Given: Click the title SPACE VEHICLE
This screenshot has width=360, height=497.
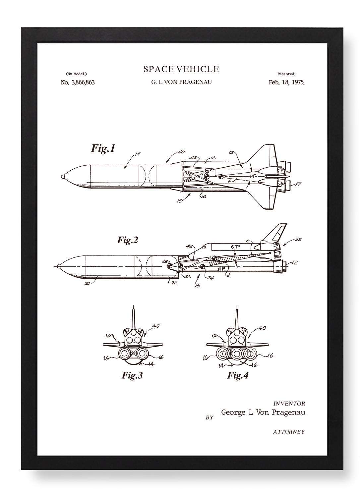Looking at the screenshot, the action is tap(181, 69).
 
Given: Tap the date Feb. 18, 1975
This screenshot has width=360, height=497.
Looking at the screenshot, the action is tap(286, 83).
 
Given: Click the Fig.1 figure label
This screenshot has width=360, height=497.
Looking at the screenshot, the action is tap(103, 148).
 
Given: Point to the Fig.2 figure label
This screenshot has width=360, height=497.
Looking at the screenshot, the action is tap(128, 240).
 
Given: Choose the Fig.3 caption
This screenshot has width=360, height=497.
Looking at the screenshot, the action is tap(132, 375).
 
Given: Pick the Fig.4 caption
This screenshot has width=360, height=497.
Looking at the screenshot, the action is tap(238, 375).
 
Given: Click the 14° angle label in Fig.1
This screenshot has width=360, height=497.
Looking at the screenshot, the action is tap(253, 176).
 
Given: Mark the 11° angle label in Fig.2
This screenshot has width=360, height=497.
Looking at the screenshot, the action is tap(222, 269).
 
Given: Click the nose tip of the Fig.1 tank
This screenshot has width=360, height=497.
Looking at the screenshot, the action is tap(62, 177).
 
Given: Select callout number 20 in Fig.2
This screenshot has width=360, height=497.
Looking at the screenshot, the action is tap(88, 283).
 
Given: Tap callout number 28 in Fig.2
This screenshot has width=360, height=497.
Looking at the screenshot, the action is tap(165, 261).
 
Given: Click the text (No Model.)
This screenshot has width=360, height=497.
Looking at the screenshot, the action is tap(76, 74).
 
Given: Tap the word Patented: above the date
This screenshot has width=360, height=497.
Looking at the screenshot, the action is tap(286, 74).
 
